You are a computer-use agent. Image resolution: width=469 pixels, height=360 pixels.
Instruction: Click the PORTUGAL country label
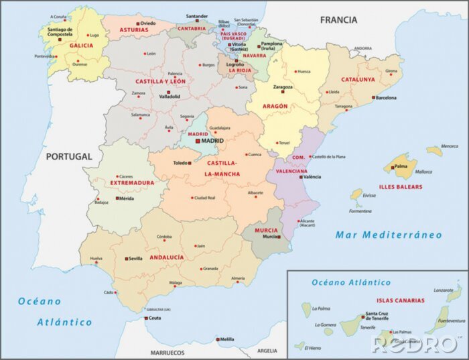point(68,156)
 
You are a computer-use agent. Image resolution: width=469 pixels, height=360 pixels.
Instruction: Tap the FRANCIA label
point(338,20)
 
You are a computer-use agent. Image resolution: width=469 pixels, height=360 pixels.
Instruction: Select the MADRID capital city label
point(214,141)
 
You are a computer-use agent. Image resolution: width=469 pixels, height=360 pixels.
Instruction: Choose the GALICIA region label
point(81,46)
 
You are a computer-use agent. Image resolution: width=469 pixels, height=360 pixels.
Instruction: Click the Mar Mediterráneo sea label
point(389,235)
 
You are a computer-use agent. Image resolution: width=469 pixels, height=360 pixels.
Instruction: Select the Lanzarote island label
point(444,290)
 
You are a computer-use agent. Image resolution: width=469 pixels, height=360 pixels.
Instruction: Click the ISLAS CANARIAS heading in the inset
point(399,300)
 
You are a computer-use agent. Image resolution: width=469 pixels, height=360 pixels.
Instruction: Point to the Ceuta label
point(154,318)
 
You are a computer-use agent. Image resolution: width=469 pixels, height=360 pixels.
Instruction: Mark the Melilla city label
point(228,339)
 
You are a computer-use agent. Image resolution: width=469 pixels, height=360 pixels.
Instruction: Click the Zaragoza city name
point(282,87)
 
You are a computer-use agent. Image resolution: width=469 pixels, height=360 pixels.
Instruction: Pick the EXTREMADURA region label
point(133,182)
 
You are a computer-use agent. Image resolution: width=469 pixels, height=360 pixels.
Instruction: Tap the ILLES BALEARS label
point(401,187)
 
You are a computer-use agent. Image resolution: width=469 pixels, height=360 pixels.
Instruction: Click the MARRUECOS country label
point(167,352)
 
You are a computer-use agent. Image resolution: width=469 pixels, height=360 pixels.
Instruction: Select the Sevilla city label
point(135,258)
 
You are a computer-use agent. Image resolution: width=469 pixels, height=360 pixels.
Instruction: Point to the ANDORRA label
point(362,48)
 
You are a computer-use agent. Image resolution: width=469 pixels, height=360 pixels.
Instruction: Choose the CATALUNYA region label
point(358,78)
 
